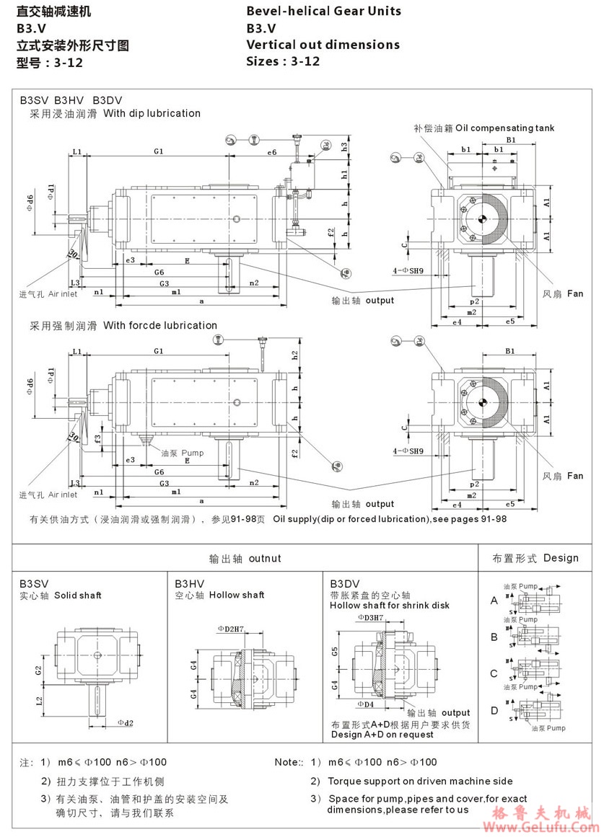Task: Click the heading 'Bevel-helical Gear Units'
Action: pos(323,11)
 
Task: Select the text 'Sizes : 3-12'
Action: pos(283,61)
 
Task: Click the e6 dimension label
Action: pos(272,152)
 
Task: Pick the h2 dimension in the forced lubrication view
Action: pos(294,355)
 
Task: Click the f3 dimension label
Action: pos(98,438)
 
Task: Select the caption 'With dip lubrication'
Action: pos(152,113)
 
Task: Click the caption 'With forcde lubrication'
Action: pos(159,325)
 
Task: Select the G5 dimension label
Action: pos(335,651)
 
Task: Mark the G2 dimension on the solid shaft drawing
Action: pos(38,670)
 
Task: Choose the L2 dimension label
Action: pos(38,700)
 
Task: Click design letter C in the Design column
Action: pos(494,674)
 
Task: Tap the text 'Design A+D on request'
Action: pos(382,735)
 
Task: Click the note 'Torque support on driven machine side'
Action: pos(420,781)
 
